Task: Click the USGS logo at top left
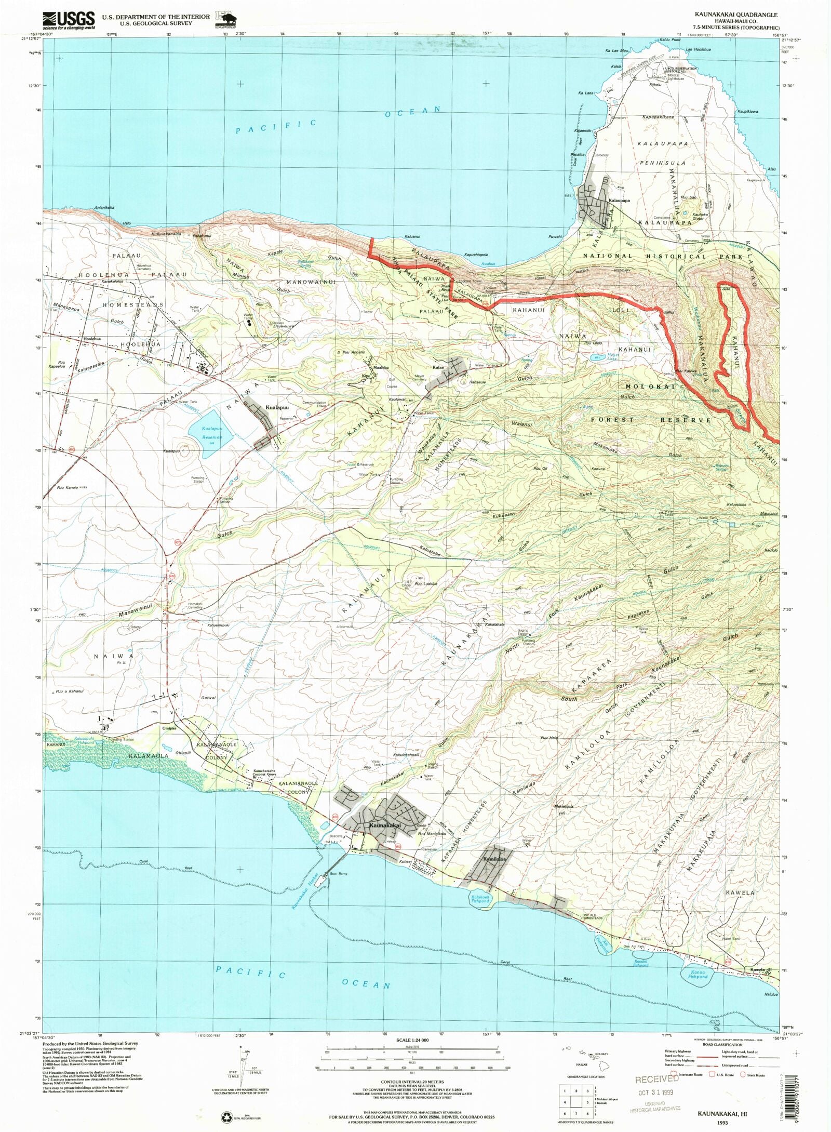(69, 20)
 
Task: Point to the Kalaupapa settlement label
(619, 200)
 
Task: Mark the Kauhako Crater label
(698, 216)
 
